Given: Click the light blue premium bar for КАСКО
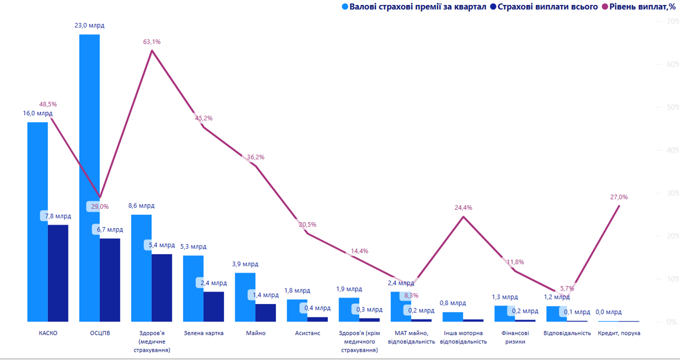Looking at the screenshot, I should (x=37, y=222).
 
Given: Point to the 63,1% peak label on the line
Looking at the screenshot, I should (x=152, y=42).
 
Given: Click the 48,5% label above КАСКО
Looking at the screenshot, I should (x=48, y=104).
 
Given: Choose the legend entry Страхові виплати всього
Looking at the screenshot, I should (x=547, y=7).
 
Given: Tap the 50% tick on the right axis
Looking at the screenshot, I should (x=673, y=107).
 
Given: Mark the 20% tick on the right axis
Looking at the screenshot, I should (x=673, y=236).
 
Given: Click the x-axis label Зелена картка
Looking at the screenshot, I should (x=203, y=333).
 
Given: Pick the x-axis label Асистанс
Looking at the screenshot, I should (x=307, y=333).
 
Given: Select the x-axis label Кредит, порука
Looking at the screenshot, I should (x=619, y=333).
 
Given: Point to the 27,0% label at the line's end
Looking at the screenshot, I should (x=619, y=197).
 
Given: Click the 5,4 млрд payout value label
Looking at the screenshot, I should (x=162, y=245).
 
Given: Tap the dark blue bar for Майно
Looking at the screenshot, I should (x=266, y=312).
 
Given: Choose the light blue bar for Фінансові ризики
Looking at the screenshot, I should (x=505, y=313).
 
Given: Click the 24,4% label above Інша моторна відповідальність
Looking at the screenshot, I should (x=463, y=207).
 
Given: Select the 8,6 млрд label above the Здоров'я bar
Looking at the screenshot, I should (x=141, y=206).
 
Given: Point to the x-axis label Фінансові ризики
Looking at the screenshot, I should (x=515, y=337).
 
